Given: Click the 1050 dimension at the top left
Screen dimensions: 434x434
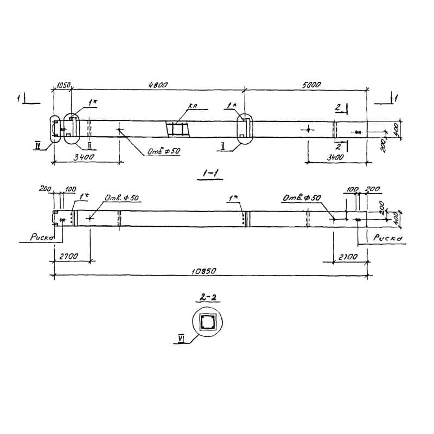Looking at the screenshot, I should pyautogui.click(x=64, y=85).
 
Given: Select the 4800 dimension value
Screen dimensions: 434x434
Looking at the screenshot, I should pyautogui.click(x=158, y=85).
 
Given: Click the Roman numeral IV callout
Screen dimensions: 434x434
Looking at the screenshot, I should pyautogui.click(x=37, y=144).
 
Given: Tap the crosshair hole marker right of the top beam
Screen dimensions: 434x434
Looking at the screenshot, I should pyautogui.click(x=309, y=130).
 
